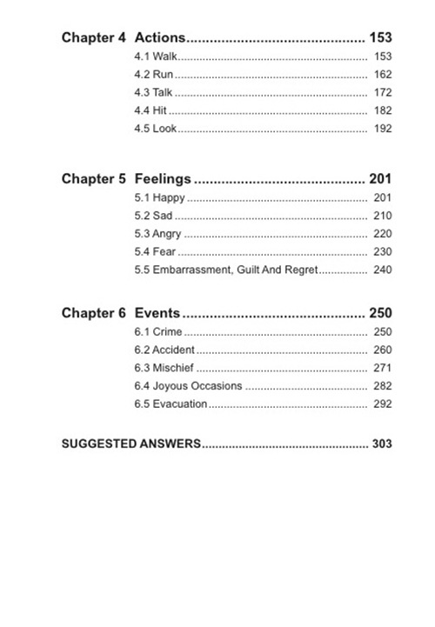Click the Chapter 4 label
point(94,37)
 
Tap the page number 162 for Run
point(382,75)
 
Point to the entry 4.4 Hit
point(150,111)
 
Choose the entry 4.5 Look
point(155,129)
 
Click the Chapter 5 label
point(94,179)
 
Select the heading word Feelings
point(163,179)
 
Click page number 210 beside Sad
point(382,216)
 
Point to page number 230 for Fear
point(382,252)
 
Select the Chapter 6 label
point(94,313)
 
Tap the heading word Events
point(157,313)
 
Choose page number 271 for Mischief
point(382,368)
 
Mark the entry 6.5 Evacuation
point(171,404)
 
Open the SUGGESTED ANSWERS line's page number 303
point(382,444)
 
